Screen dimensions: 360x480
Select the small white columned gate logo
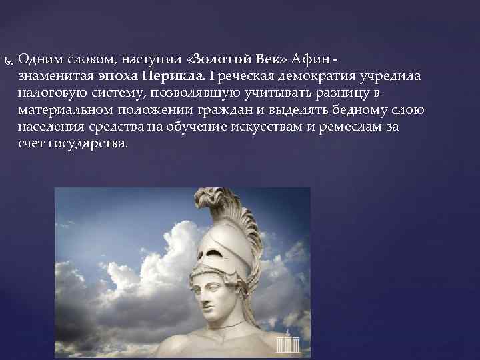point(289,343)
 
